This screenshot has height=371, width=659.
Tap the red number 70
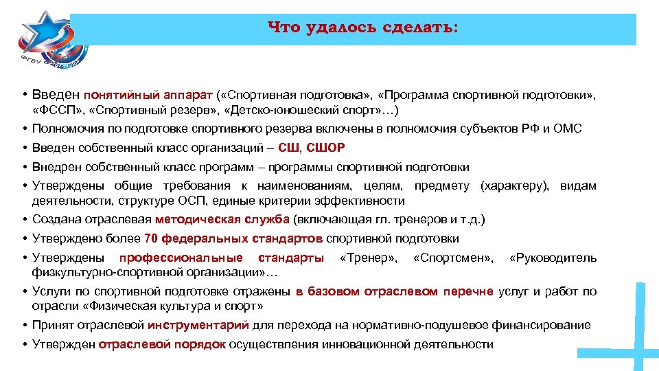(152, 238)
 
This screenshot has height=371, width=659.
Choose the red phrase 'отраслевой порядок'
(162, 344)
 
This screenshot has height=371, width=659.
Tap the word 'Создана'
(57, 220)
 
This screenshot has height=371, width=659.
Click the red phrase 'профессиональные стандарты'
(222, 258)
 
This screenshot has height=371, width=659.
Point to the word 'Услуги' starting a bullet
(51, 291)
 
